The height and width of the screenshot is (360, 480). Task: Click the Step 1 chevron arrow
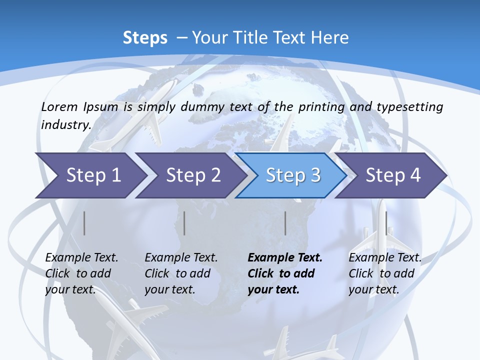(x=90, y=175)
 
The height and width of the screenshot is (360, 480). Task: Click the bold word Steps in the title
(x=145, y=38)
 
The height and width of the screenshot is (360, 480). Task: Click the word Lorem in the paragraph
(x=59, y=106)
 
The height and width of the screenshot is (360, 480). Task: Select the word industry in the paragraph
(x=65, y=125)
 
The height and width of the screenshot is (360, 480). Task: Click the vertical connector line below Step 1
(x=84, y=223)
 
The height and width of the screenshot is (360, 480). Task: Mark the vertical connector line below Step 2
(x=184, y=223)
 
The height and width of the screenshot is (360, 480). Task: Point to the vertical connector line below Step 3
(x=285, y=223)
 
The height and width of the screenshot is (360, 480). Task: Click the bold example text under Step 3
(x=285, y=273)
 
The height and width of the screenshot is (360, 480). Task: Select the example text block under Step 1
(x=81, y=273)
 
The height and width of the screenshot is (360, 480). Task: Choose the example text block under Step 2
(x=181, y=273)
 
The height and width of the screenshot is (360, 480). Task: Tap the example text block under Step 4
(x=385, y=273)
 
